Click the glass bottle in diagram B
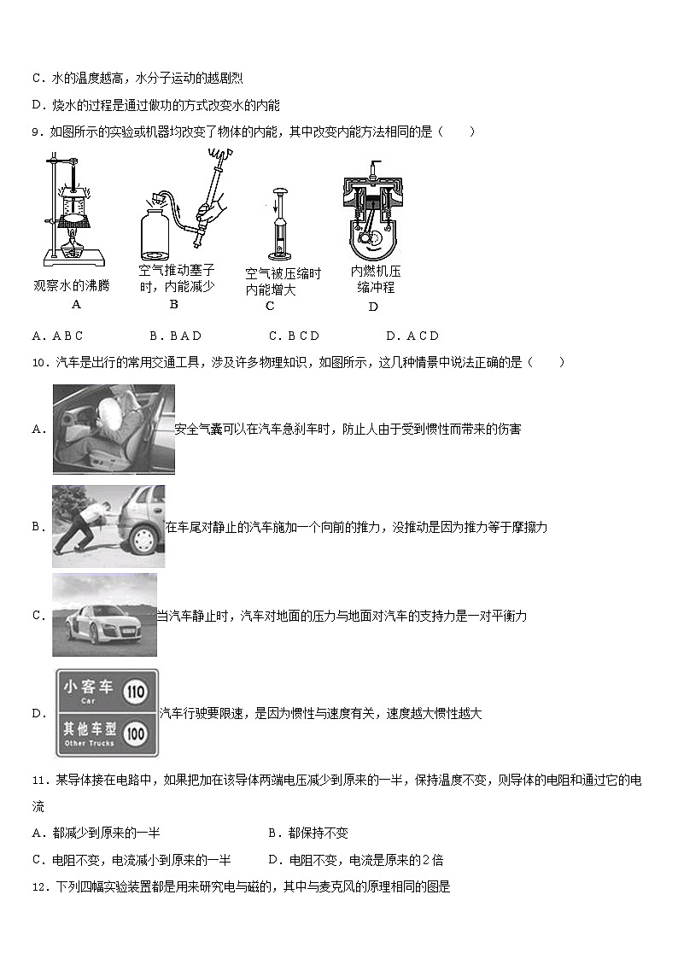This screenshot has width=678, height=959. pyautogui.click(x=158, y=231)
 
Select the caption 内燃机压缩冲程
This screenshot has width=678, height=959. pyautogui.click(x=375, y=279)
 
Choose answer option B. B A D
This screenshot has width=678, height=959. pyautogui.click(x=175, y=336)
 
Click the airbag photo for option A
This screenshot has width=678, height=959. pyautogui.click(x=114, y=429)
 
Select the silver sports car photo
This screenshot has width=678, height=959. pyautogui.click(x=104, y=615)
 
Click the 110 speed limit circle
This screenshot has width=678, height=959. pyautogui.click(x=137, y=692)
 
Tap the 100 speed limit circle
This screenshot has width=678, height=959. pyautogui.click(x=136, y=734)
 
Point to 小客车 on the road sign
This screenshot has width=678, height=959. pyautogui.click(x=88, y=687)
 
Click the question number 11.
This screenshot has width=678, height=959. pyautogui.click(x=38, y=781)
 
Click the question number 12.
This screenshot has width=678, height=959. pyautogui.click(x=38, y=886)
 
